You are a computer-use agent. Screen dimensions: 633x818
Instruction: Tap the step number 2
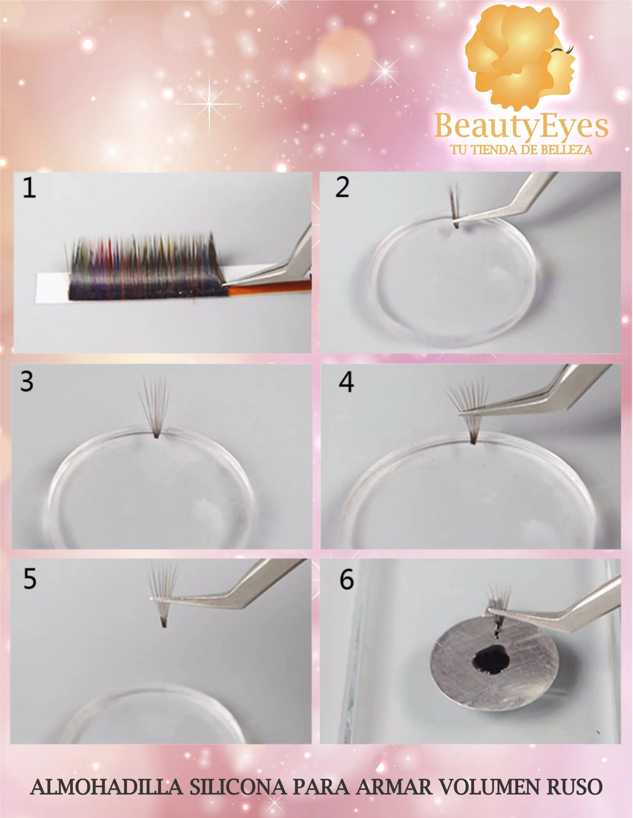pos(342,187)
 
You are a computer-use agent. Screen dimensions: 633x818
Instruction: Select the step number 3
pos(27,382)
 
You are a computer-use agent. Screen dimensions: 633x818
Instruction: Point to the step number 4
pos(346,383)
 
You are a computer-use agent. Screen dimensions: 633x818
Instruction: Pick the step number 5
pos(30,579)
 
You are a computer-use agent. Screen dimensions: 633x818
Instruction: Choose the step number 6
pos(346,579)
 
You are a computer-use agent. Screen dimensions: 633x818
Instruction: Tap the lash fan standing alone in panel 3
pos(155,406)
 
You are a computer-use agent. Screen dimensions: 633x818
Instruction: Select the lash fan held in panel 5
pos(163,595)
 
